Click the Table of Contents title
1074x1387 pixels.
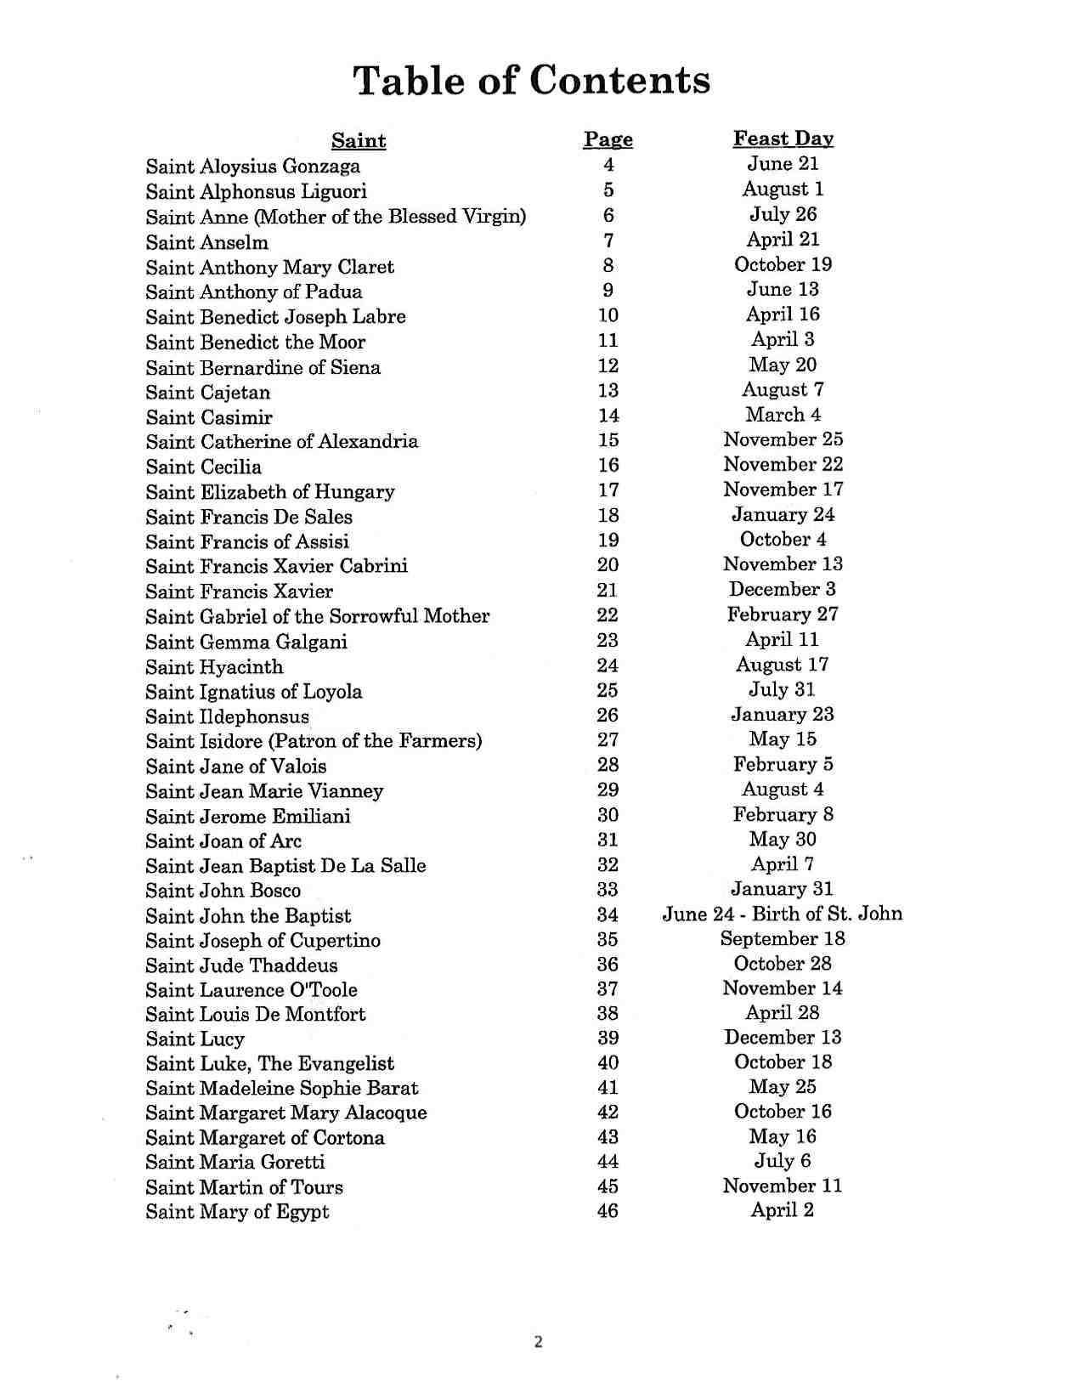(531, 81)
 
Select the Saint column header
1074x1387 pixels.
(359, 141)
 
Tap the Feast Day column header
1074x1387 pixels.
(783, 139)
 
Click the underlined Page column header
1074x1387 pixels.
(608, 140)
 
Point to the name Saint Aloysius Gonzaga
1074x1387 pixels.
(252, 167)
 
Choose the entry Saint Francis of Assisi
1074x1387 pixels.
(246, 542)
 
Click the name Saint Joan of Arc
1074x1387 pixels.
(223, 841)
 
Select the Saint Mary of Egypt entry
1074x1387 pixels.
(237, 1212)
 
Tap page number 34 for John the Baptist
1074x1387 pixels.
(608, 915)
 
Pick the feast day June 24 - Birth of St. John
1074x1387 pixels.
(782, 914)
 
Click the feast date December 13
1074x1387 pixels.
(783, 1038)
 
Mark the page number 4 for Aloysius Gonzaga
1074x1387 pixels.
(608, 166)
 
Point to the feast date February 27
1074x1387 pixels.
(783, 614)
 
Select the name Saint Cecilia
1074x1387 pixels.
(203, 467)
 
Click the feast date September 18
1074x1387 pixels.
(783, 939)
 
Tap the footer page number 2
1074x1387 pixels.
(538, 1343)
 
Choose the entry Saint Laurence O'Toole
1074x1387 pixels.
(251, 991)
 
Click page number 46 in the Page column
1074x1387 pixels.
(608, 1211)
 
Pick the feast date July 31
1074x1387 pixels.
(782, 690)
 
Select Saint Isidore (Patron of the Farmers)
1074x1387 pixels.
(314, 741)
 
